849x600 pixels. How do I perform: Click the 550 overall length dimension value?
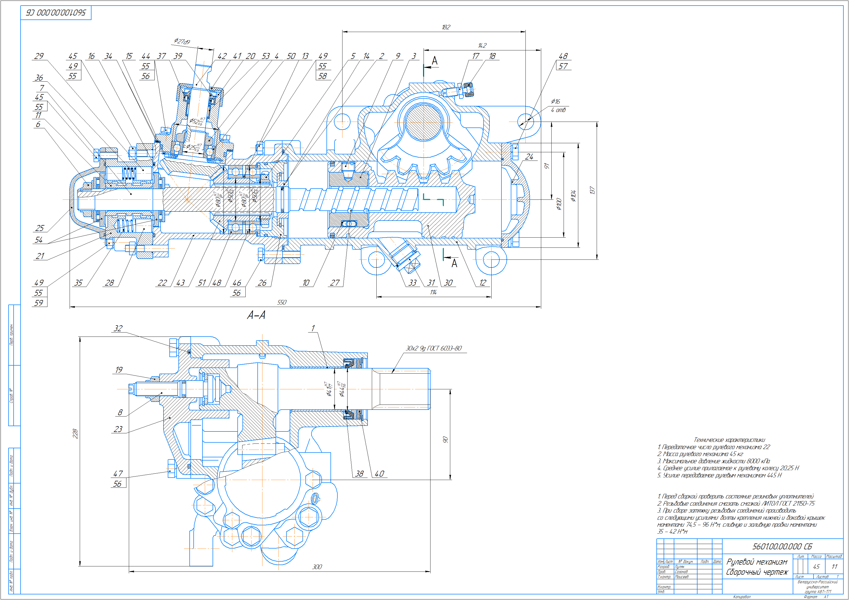(x=282, y=302)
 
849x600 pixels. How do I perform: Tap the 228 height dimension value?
(x=75, y=433)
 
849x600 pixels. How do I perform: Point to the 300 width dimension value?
(x=317, y=567)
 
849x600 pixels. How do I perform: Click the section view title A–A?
(x=256, y=315)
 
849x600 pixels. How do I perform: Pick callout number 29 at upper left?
(x=39, y=56)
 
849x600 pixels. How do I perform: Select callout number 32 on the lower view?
(x=118, y=328)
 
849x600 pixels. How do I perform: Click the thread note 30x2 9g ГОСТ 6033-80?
(x=434, y=348)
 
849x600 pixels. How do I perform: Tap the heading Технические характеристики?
(x=729, y=440)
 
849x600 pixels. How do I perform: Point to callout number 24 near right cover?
(x=529, y=157)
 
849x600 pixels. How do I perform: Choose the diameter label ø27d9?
(x=182, y=41)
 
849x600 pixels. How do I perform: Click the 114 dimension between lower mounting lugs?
(x=433, y=293)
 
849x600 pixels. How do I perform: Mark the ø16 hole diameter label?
(x=555, y=102)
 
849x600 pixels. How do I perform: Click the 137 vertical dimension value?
(x=592, y=190)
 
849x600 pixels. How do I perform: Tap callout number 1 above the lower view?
(x=313, y=328)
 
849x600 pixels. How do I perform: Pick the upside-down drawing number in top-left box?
(x=56, y=13)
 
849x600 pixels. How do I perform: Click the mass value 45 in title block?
(x=816, y=567)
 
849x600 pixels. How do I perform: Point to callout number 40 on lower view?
(x=379, y=474)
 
